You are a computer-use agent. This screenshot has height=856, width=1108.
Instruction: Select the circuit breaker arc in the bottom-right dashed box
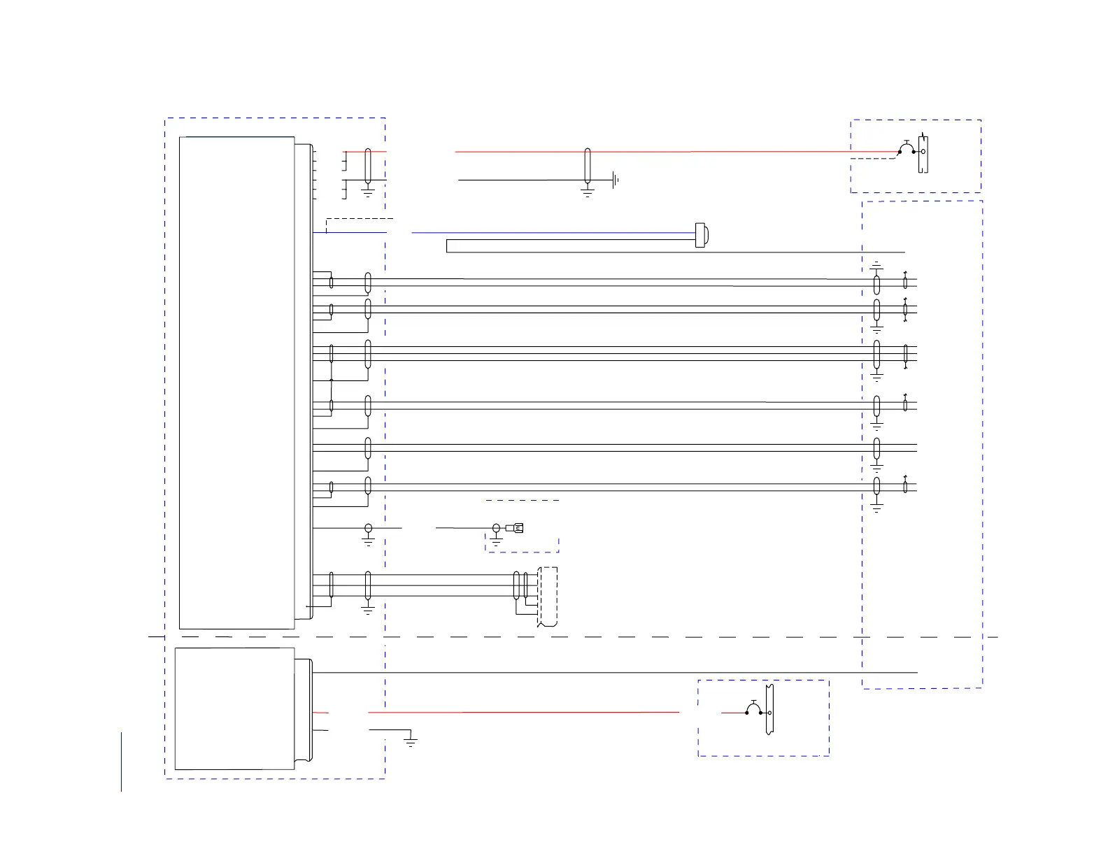coord(754,708)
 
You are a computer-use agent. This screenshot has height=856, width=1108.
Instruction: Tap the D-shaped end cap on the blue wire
coord(700,235)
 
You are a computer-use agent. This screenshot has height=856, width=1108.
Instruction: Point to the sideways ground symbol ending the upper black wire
coord(615,180)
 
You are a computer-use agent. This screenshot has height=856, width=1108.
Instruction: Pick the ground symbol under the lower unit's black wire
coord(411,741)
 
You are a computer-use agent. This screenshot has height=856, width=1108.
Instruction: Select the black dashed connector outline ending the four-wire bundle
coord(548,597)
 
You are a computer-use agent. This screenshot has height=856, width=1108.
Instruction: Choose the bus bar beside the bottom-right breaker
coord(769,709)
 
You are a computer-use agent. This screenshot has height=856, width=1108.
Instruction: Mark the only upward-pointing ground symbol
coord(876,266)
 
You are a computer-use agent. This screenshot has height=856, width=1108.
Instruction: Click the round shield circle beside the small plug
coord(497,528)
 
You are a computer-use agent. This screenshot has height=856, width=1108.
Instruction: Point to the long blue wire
coord(553,232)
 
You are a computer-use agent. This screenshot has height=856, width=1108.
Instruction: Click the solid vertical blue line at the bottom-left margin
coord(122,762)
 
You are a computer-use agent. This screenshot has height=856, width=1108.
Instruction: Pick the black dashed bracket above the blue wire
coord(357,220)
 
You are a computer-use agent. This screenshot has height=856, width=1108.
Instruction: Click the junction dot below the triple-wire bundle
coord(332,380)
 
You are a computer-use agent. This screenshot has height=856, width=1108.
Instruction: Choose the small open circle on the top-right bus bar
coord(923,151)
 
